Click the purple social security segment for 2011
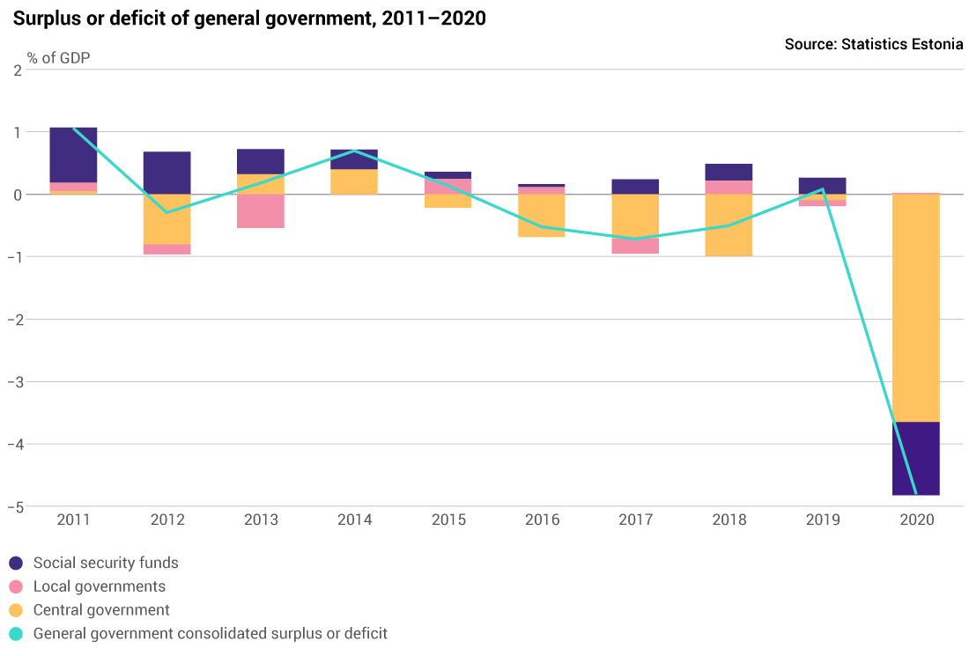73,155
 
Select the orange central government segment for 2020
916,307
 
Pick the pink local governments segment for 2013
261,211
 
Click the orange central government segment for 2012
167,219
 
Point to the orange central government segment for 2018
729,225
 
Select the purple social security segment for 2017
635,187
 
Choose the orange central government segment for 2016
542,216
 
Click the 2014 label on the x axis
355,520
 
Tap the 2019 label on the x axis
823,520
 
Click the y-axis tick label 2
17,70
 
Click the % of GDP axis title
58,58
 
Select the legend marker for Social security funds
16,564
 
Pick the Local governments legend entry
99,586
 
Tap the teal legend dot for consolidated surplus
16,634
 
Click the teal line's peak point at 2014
355,151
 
